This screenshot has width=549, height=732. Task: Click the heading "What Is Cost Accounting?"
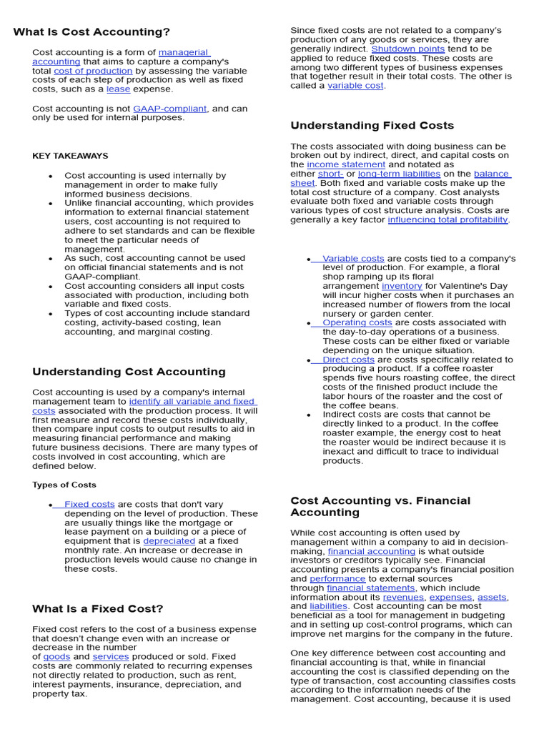point(91,32)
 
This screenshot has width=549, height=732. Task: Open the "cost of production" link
point(93,71)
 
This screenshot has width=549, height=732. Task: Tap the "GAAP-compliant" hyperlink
point(169,109)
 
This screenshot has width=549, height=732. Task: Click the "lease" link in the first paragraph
point(119,89)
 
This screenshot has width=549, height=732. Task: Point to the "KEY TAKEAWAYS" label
point(70,156)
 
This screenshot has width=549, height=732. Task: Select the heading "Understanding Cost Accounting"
point(129,372)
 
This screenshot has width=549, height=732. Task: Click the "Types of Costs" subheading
point(64,485)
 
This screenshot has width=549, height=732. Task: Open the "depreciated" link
point(169,541)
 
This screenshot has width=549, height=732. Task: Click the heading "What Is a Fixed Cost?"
point(98,609)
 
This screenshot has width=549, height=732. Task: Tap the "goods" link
point(56,656)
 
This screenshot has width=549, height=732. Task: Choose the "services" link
point(111,656)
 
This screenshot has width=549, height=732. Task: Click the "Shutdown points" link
point(407,49)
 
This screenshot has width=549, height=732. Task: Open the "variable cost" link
point(355,86)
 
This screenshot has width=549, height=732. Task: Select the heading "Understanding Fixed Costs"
point(372,126)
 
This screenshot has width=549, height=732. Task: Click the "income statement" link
point(346,164)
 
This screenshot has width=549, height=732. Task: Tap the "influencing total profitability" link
point(447,220)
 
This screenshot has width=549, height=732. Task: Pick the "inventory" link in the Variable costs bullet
point(402,286)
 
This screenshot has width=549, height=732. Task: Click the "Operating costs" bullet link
point(357,323)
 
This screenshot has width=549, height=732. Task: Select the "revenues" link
point(403,598)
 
